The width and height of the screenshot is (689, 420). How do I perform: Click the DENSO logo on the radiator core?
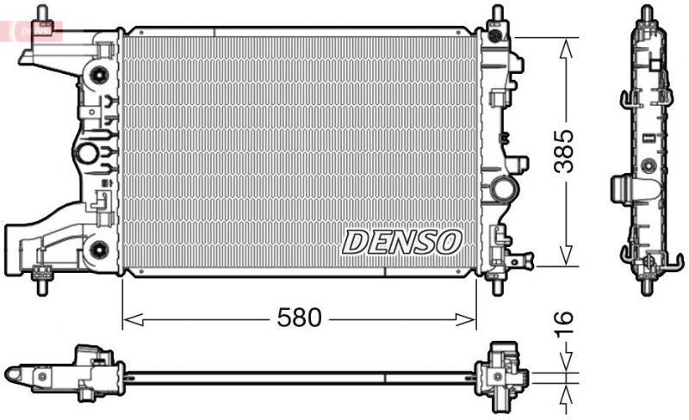pyautogui.click(x=402, y=242)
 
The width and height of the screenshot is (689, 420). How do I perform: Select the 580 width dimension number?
pyautogui.click(x=299, y=318)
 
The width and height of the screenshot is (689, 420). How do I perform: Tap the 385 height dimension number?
pyautogui.click(x=563, y=151)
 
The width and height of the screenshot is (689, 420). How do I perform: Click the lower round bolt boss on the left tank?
pyautogui.click(x=98, y=250)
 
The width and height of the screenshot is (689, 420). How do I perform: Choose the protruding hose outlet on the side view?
pyautogui.click(x=623, y=188)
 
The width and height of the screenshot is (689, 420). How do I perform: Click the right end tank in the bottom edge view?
pyautogui.click(x=503, y=373)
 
